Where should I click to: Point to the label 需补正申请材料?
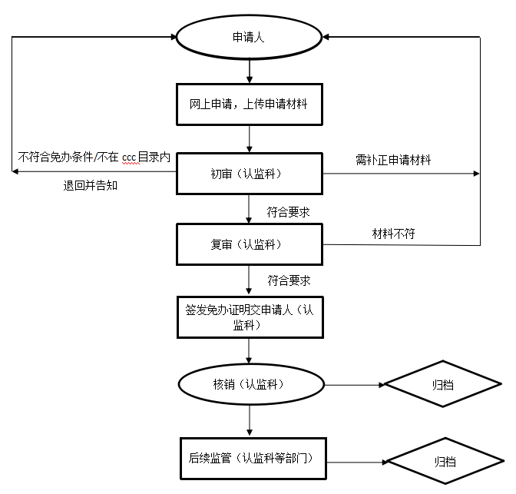click(393, 160)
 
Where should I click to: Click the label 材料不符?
click(393, 234)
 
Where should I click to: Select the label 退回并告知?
click(90, 186)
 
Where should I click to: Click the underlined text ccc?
click(129, 157)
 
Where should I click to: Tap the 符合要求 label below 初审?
click(288, 212)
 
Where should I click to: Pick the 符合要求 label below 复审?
click(289, 280)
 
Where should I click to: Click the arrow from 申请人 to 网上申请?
click(250, 71)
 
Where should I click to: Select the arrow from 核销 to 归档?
click(355, 385)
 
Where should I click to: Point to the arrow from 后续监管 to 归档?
click(357, 463)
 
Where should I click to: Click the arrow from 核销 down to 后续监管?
click(250, 420)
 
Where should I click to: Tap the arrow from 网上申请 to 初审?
click(250, 139)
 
